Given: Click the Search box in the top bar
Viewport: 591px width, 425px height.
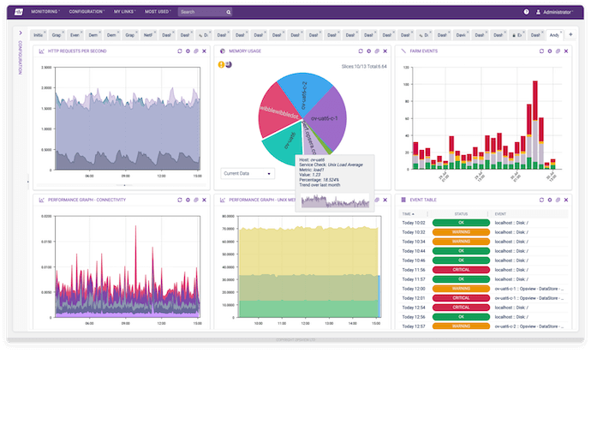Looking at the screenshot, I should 202,12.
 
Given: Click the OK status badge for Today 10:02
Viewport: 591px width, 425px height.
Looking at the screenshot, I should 461,222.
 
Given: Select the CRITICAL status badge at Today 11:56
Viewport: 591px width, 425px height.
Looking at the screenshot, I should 461,269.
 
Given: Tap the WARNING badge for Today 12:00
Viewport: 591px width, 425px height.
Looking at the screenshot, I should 461,288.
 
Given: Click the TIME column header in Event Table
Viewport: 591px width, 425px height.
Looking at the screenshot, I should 408,213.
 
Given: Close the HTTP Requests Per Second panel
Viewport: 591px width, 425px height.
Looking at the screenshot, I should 204,51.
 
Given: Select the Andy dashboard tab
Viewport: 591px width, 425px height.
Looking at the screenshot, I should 555,34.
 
